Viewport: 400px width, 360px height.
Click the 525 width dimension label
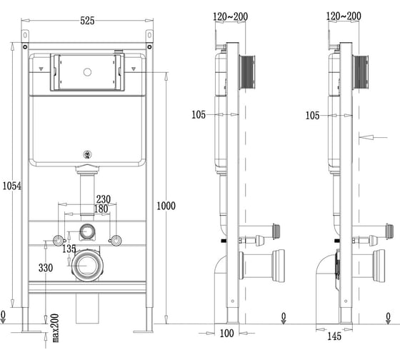point(87,21)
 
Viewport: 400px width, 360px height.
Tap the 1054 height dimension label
point(11,186)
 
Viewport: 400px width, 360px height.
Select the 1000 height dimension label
point(166,206)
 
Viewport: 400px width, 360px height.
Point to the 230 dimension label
point(104,199)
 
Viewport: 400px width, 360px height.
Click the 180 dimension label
point(101,209)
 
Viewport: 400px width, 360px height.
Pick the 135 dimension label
point(69,249)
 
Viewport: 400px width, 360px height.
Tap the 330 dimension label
point(46,268)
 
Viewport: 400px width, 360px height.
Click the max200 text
point(56,328)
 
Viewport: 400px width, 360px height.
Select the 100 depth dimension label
point(227,333)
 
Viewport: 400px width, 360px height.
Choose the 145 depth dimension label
point(334,336)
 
